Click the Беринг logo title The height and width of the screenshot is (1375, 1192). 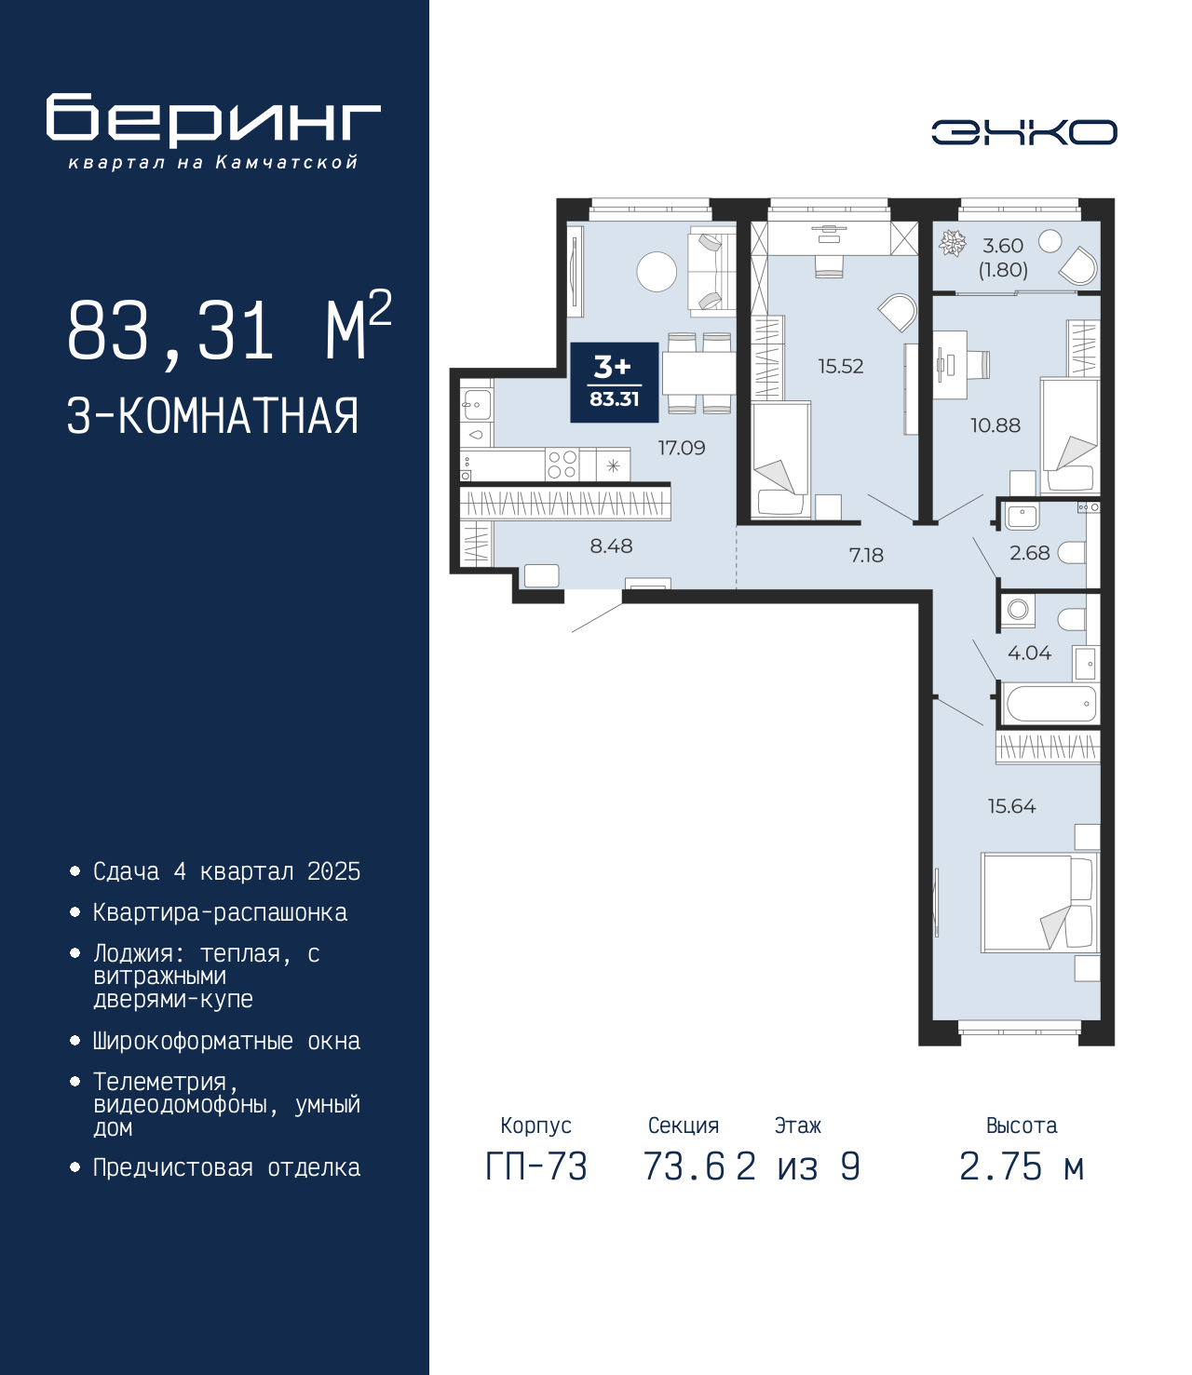click(x=213, y=120)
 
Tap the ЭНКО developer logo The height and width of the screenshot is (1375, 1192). click(x=1023, y=131)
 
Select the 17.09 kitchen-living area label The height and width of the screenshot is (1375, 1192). click(x=682, y=448)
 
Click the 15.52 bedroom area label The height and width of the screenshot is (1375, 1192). click(x=841, y=366)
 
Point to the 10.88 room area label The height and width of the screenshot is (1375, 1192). click(x=995, y=425)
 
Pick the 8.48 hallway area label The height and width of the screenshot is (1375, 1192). click(x=611, y=546)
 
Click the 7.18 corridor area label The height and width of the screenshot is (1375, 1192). click(x=866, y=555)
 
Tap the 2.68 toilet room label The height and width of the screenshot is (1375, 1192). click(x=1029, y=553)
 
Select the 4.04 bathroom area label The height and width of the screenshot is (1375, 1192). click(x=1029, y=653)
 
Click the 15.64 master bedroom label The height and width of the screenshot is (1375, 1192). click(x=1011, y=806)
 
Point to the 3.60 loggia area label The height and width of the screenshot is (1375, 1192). click(x=1002, y=246)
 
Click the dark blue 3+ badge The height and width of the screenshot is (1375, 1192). click(x=615, y=383)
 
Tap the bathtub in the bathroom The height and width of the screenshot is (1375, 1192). click(x=1050, y=704)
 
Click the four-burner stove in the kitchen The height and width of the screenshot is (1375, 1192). click(x=562, y=465)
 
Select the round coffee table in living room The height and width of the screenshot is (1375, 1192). click(x=657, y=272)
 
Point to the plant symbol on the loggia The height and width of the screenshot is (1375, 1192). click(x=952, y=244)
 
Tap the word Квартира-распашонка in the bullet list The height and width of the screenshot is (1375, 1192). click(x=220, y=912)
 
